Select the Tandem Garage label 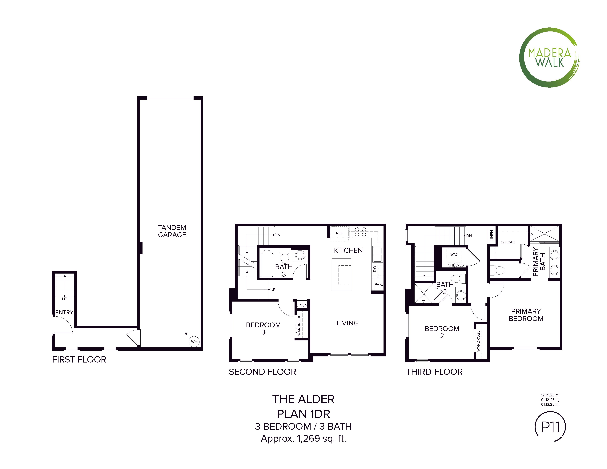pos(172,231)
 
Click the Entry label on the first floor pos(64,312)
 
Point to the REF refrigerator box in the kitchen pos(339,233)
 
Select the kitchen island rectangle pos(341,275)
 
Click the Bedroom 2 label pos(442,332)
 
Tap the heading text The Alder pos(303,399)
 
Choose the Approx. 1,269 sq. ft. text pos(303,438)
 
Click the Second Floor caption pos(262,372)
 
